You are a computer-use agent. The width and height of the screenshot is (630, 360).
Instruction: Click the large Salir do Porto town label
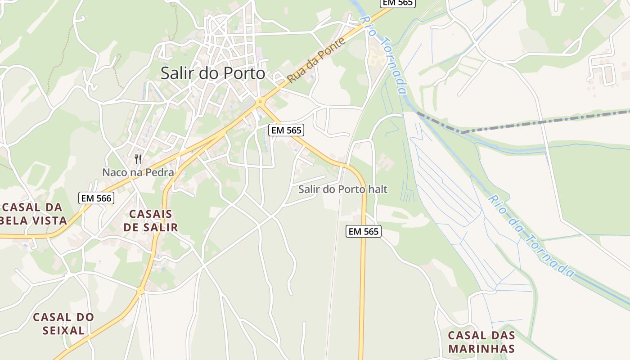pyautogui.click(x=213, y=73)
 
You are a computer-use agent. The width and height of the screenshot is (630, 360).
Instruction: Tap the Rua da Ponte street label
pyautogui.click(x=316, y=60)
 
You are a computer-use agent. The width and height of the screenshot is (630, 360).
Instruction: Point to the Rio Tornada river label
pyautogui.click(x=384, y=54)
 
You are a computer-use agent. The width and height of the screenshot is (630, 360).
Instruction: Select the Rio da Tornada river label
pyautogui.click(x=531, y=236)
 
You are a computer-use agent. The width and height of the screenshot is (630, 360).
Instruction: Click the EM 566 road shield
pyautogui.click(x=96, y=198)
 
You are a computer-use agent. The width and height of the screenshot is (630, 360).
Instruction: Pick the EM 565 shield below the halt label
pyautogui.click(x=364, y=232)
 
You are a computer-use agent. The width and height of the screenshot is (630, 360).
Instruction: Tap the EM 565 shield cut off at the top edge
pyautogui.click(x=398, y=3)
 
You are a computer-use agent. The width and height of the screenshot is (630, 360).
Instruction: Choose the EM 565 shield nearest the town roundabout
pyautogui.click(x=287, y=130)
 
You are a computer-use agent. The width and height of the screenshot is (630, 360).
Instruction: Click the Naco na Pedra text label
pyautogui.click(x=138, y=172)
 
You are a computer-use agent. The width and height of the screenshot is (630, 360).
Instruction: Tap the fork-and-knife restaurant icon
pyautogui.click(x=138, y=159)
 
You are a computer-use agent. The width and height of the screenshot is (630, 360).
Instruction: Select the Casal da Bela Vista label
pyautogui.click(x=34, y=214)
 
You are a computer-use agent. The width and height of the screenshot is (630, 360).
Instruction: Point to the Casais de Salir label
pyautogui.click(x=151, y=220)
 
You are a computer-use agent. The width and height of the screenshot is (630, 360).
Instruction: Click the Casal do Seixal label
pyautogui.click(x=63, y=324)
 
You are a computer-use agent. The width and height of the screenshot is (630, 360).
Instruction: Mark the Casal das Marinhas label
pyautogui.click(x=481, y=342)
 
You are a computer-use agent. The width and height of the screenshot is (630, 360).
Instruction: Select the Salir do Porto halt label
pyautogui.click(x=342, y=189)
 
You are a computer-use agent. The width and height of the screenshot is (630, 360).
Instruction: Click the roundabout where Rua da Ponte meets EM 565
pyautogui.click(x=260, y=103)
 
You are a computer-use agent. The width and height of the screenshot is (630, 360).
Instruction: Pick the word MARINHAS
pyautogui.click(x=481, y=349)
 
